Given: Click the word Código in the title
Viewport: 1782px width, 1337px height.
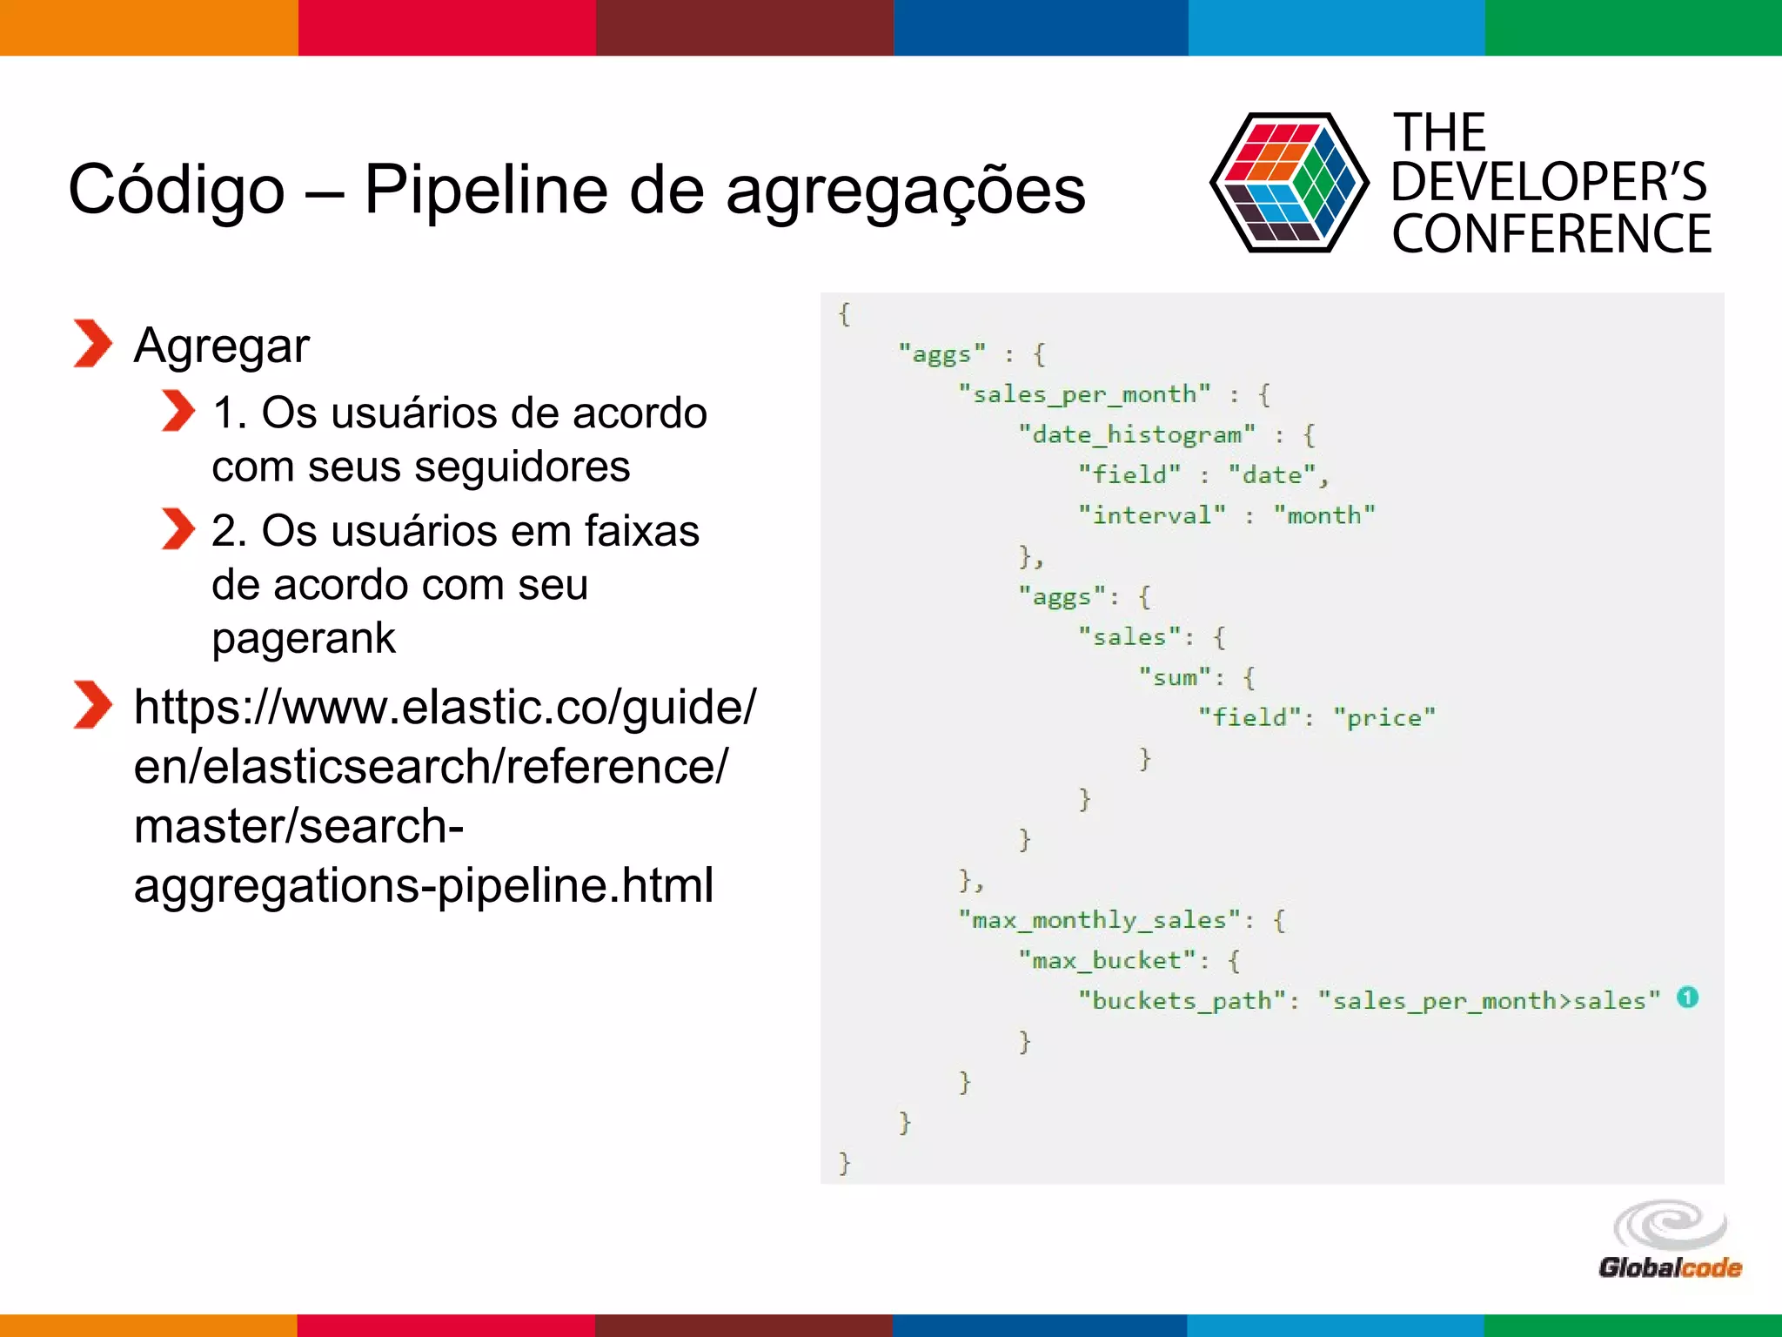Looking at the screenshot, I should (x=177, y=190).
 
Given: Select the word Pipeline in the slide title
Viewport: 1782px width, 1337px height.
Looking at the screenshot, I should (x=486, y=190).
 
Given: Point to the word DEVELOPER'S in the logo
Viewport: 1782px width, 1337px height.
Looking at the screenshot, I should (x=1549, y=183).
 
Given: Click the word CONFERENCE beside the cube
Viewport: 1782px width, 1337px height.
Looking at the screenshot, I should (x=1551, y=234).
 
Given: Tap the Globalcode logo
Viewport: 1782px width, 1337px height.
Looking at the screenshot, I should (x=1670, y=1240).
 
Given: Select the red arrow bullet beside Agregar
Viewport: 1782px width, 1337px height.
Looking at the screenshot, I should (x=92, y=344).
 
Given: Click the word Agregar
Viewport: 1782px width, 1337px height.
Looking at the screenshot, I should (x=222, y=346).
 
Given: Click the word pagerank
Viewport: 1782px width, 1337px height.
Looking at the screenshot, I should (x=304, y=639).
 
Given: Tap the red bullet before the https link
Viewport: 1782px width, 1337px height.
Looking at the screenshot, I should (x=92, y=704).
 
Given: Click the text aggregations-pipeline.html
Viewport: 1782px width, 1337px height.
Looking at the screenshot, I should (x=424, y=885).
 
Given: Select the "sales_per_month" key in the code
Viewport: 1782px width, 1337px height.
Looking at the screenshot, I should (x=1084, y=394).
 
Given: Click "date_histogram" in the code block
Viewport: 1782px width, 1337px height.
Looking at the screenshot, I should (x=1137, y=434).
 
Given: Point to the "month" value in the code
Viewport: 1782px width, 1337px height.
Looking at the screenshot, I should (x=1323, y=515).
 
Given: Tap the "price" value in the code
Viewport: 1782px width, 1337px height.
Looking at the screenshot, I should (x=1383, y=717).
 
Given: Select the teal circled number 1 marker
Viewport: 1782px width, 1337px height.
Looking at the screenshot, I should (x=1687, y=998).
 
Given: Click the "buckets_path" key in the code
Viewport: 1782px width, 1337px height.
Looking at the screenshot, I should (x=1182, y=1001).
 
